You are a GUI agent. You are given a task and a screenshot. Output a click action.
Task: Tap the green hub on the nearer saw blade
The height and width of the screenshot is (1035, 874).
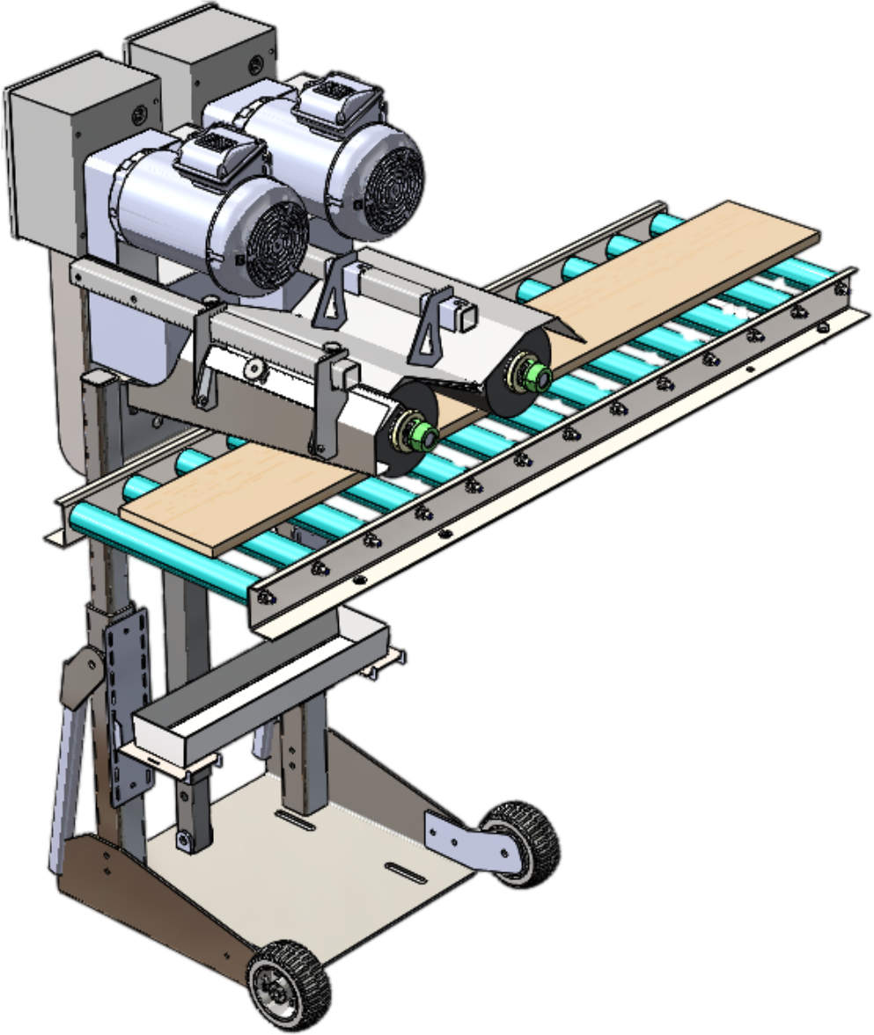point(425,434)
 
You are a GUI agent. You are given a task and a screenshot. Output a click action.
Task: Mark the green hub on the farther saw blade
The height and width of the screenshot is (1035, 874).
point(534,376)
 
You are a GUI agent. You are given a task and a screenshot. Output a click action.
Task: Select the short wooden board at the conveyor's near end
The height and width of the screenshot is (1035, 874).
point(238,497)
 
